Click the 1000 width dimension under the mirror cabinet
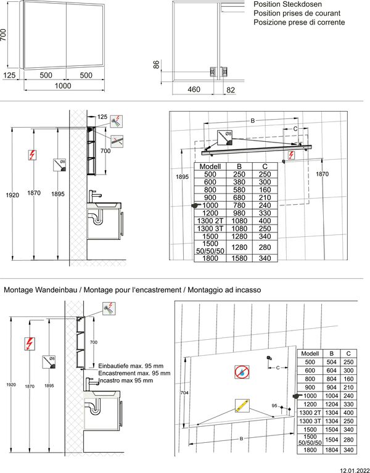point(63,86)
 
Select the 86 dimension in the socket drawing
point(157,64)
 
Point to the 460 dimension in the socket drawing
point(194,90)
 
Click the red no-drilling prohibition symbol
point(242,372)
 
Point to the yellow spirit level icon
point(241,406)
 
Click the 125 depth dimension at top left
point(9,75)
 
